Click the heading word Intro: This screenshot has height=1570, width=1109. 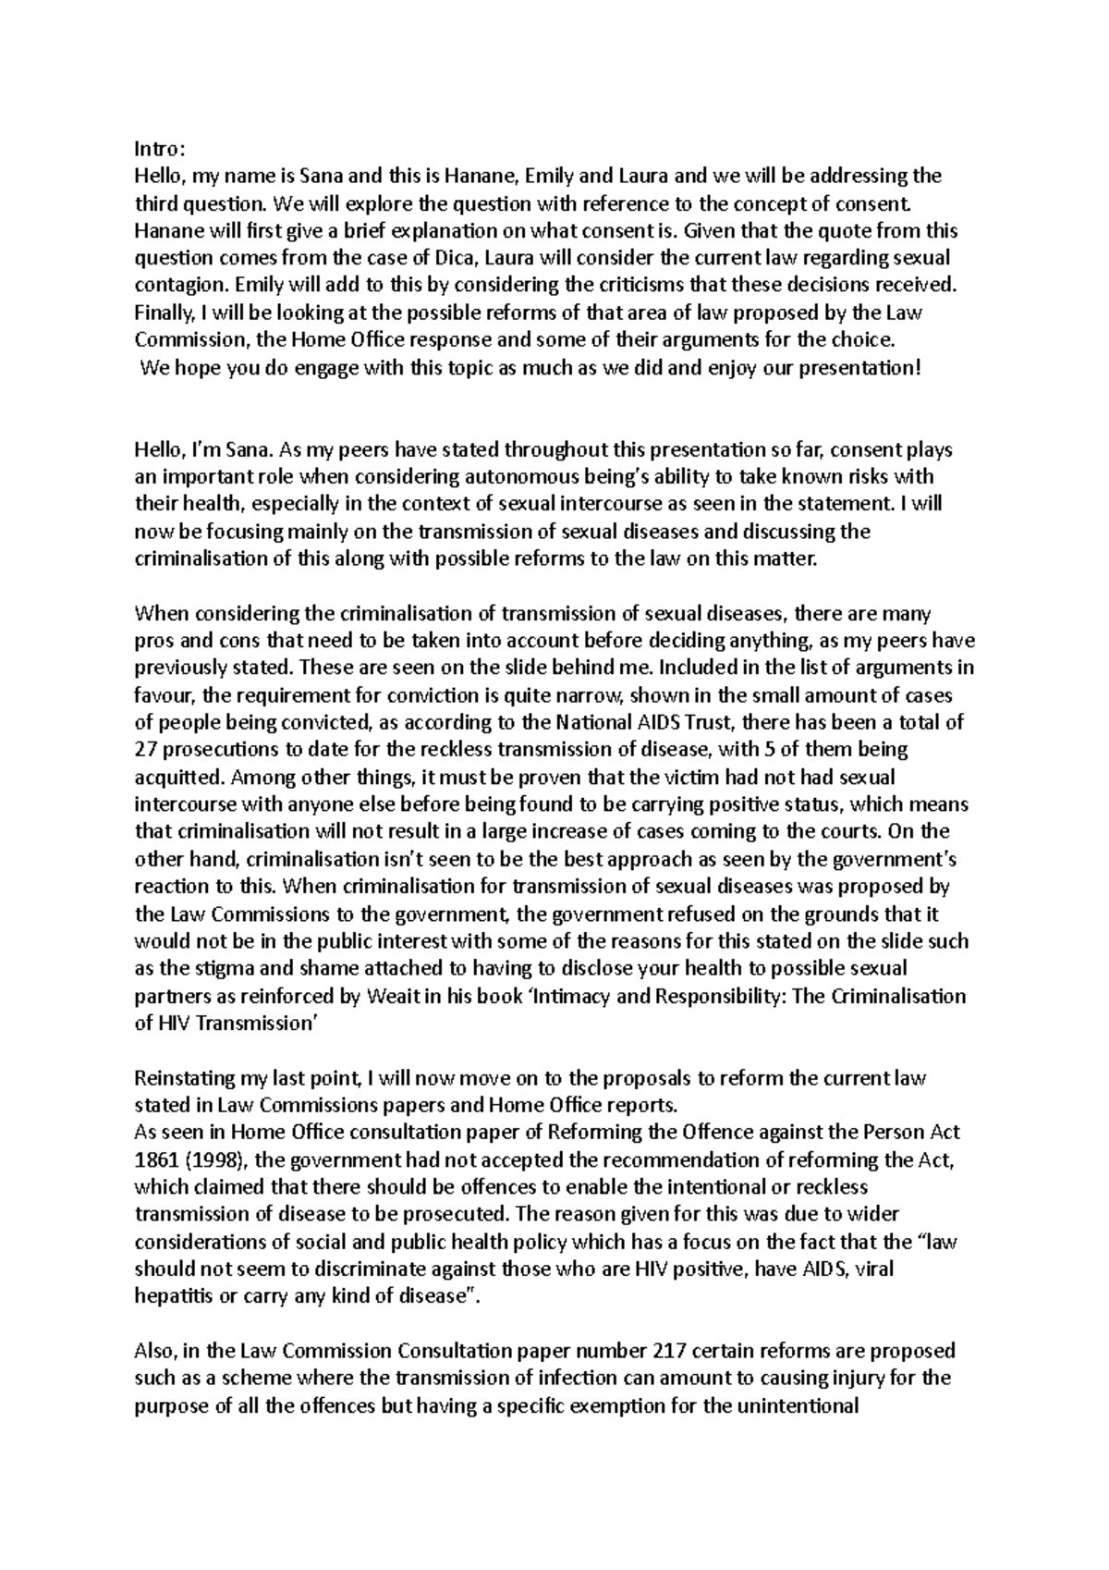[160, 148]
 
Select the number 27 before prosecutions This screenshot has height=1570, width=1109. [146, 750]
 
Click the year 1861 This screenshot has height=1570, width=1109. [154, 1160]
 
